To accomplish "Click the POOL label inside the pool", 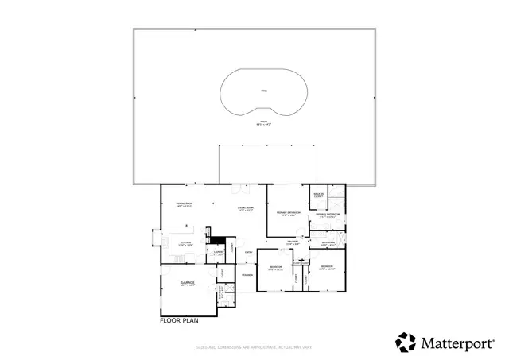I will (264, 91).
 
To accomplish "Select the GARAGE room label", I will (188, 283).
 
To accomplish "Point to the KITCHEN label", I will (185, 243).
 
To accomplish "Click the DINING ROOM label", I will (185, 205).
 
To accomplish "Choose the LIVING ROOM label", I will (245, 209).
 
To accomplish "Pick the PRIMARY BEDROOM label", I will (288, 214).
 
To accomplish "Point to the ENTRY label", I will (249, 253).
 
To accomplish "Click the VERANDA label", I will (247, 275).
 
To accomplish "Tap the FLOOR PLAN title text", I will (178, 322).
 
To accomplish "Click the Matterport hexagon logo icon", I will (406, 342).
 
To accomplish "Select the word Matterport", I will (457, 343).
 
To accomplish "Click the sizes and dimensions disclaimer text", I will (254, 347).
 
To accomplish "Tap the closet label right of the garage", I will (223, 273).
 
